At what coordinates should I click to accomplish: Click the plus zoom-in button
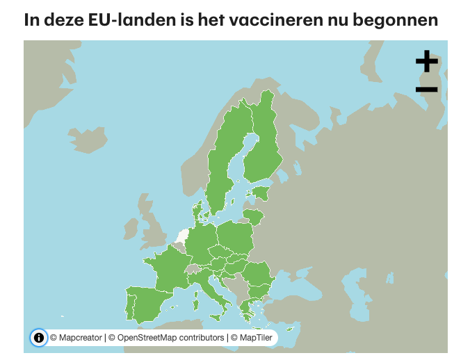(x=426, y=62)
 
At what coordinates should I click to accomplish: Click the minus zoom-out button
(x=426, y=89)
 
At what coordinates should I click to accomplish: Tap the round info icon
(x=38, y=338)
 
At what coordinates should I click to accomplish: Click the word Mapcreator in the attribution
(x=80, y=338)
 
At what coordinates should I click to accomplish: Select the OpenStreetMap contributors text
(x=170, y=338)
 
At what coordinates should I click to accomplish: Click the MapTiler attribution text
(x=254, y=338)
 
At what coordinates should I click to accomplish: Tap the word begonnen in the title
(x=398, y=19)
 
